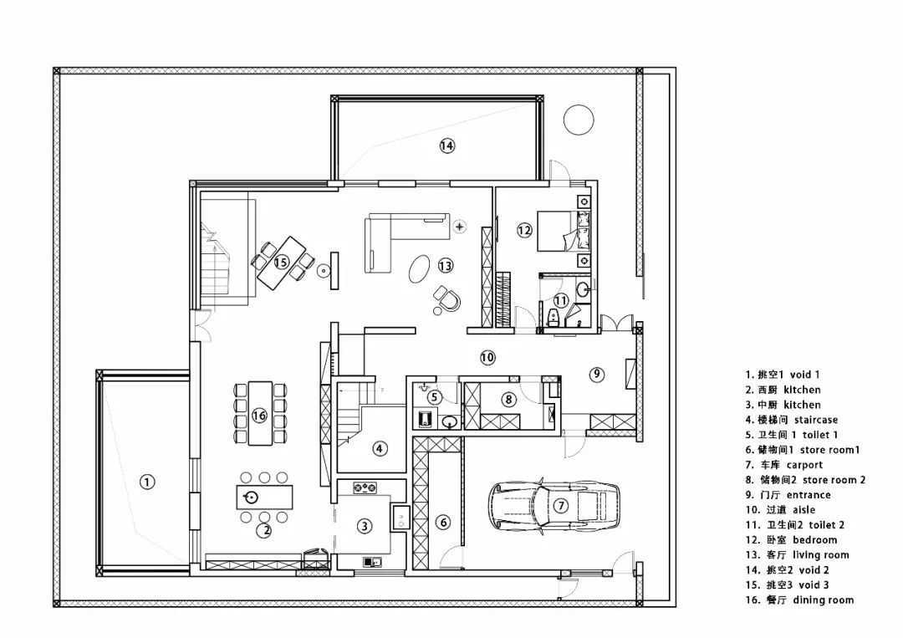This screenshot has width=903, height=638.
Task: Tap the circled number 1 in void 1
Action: (147, 482)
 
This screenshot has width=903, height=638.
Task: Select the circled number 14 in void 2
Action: (446, 145)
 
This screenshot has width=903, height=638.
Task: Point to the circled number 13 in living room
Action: (445, 265)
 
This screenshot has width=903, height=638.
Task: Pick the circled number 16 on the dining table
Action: (259, 415)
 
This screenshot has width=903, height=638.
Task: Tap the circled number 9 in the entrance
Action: (596, 374)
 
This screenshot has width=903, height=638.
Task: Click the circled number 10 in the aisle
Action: (487, 357)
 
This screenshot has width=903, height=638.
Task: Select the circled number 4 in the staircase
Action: (380, 448)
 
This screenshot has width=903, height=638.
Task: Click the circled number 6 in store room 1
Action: (443, 523)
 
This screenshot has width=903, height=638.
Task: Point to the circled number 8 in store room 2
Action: (508, 400)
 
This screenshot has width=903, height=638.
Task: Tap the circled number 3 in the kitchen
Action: (365, 526)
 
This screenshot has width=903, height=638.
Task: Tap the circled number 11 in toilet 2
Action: (561, 299)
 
